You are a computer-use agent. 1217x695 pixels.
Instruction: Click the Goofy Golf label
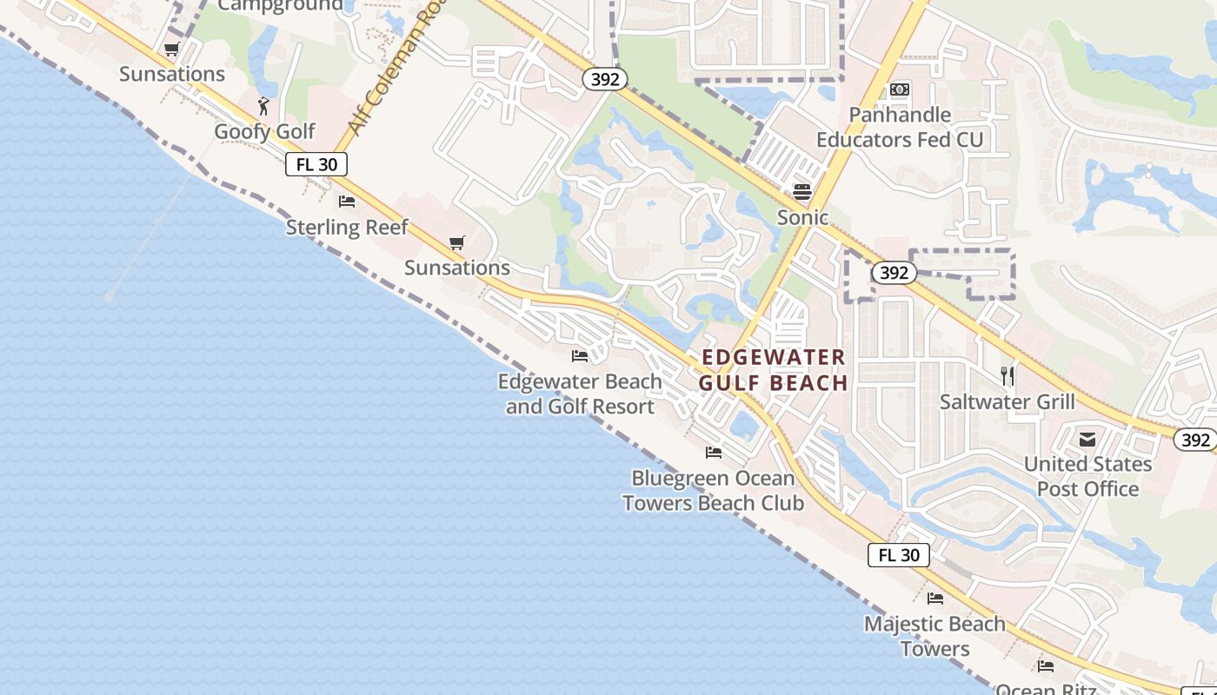tap(265, 132)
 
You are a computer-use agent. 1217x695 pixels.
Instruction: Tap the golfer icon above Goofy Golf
tap(264, 106)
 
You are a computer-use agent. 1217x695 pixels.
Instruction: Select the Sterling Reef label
tap(347, 228)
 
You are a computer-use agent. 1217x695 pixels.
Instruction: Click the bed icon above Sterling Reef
tap(347, 202)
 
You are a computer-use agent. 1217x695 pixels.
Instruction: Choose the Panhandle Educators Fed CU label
tap(900, 127)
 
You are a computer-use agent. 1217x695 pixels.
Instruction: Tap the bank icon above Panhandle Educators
tap(900, 89)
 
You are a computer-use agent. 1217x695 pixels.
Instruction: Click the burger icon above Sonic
tap(801, 192)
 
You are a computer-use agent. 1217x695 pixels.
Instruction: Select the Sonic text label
tap(802, 217)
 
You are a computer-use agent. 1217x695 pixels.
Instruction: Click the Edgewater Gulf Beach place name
tap(773, 370)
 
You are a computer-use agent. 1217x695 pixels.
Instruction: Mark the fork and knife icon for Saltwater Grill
tap(1008, 376)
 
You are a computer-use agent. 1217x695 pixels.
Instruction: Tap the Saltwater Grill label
tap(1008, 402)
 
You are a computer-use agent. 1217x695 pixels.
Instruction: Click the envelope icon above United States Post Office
tap(1087, 440)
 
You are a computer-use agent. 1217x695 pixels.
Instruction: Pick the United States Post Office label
tap(1087, 476)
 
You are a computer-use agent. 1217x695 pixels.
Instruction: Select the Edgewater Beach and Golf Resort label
tap(580, 394)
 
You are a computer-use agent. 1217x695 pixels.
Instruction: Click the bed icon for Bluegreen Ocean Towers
tap(714, 453)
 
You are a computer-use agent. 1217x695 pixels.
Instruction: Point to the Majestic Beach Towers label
tap(934, 636)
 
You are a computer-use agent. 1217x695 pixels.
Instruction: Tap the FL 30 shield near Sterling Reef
tap(316, 164)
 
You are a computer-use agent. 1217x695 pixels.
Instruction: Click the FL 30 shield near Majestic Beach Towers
tap(899, 555)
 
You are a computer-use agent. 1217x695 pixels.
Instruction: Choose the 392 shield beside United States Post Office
tap(1195, 440)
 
